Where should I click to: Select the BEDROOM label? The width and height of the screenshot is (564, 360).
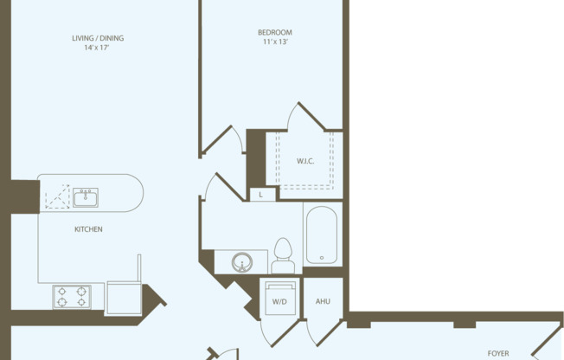coord(274,32)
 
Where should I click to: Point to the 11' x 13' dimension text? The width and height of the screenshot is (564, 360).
coord(274,42)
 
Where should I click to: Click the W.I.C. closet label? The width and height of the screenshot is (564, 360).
coord(305,161)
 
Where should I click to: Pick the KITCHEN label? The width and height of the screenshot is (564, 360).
coord(88,229)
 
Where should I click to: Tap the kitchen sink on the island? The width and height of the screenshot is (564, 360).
coord(85,198)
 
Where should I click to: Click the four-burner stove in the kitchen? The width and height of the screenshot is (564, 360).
coord(71,296)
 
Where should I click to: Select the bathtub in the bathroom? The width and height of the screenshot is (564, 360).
coord(322,234)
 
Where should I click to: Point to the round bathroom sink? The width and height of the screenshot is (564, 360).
coord(242,260)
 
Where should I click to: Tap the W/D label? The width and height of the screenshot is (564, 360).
coord(280,301)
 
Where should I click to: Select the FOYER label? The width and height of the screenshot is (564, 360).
coord(498,353)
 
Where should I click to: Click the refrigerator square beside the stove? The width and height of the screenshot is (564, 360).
coord(122,296)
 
